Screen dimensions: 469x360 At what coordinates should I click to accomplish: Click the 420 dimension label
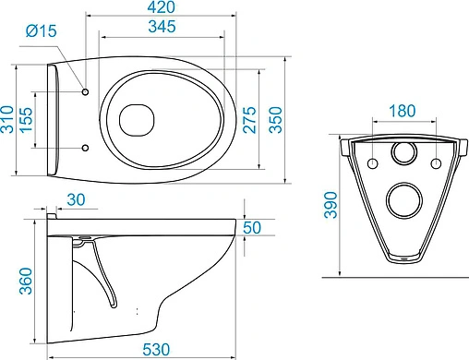coord(162,7)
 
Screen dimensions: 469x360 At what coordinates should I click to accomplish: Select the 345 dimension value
coord(162,27)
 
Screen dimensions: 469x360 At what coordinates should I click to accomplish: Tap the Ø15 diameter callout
coord(42,30)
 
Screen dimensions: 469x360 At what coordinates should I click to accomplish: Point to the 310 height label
coord(7,119)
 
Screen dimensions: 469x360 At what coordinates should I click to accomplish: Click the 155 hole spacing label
coord(26,120)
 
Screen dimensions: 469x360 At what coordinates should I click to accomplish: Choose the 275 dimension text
coord(249,120)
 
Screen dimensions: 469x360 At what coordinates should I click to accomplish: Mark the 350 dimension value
coord(275,120)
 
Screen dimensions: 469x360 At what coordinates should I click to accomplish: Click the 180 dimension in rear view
coord(403,111)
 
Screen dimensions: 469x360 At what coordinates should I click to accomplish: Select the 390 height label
coord(331,205)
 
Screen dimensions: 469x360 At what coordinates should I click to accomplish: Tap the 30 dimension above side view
coord(76,200)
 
